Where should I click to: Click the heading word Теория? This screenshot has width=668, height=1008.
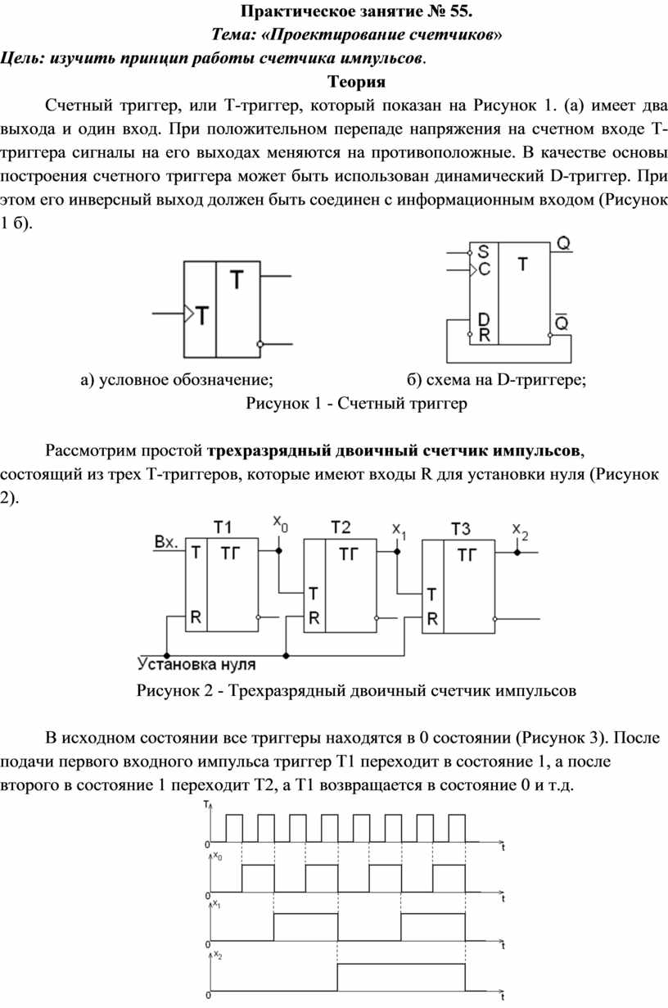coord(356,82)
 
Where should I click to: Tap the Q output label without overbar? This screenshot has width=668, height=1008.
coord(564,243)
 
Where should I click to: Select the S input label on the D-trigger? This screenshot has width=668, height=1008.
coord(483,251)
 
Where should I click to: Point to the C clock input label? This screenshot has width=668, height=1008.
coord(484,269)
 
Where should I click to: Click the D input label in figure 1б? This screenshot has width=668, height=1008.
coord(484,319)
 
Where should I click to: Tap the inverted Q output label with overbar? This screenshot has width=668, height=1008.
coord(562,322)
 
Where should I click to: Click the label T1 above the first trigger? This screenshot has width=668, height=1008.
coord(222,527)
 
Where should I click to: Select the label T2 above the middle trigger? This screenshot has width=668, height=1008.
coord(341,527)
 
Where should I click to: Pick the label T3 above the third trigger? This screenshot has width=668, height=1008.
coord(460,529)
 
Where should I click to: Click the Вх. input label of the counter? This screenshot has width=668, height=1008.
coord(166,542)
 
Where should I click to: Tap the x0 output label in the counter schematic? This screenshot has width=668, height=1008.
coord(280,523)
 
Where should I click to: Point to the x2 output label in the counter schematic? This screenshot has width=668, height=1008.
coord(521,531)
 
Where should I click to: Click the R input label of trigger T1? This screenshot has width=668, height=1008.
coord(196,617)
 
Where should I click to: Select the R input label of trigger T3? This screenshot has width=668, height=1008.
coord(432,619)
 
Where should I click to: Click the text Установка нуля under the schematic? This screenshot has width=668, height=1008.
coord(196,664)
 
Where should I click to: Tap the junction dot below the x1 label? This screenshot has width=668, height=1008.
coord(397,551)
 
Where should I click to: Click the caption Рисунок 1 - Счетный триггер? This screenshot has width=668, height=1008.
coord(356,403)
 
